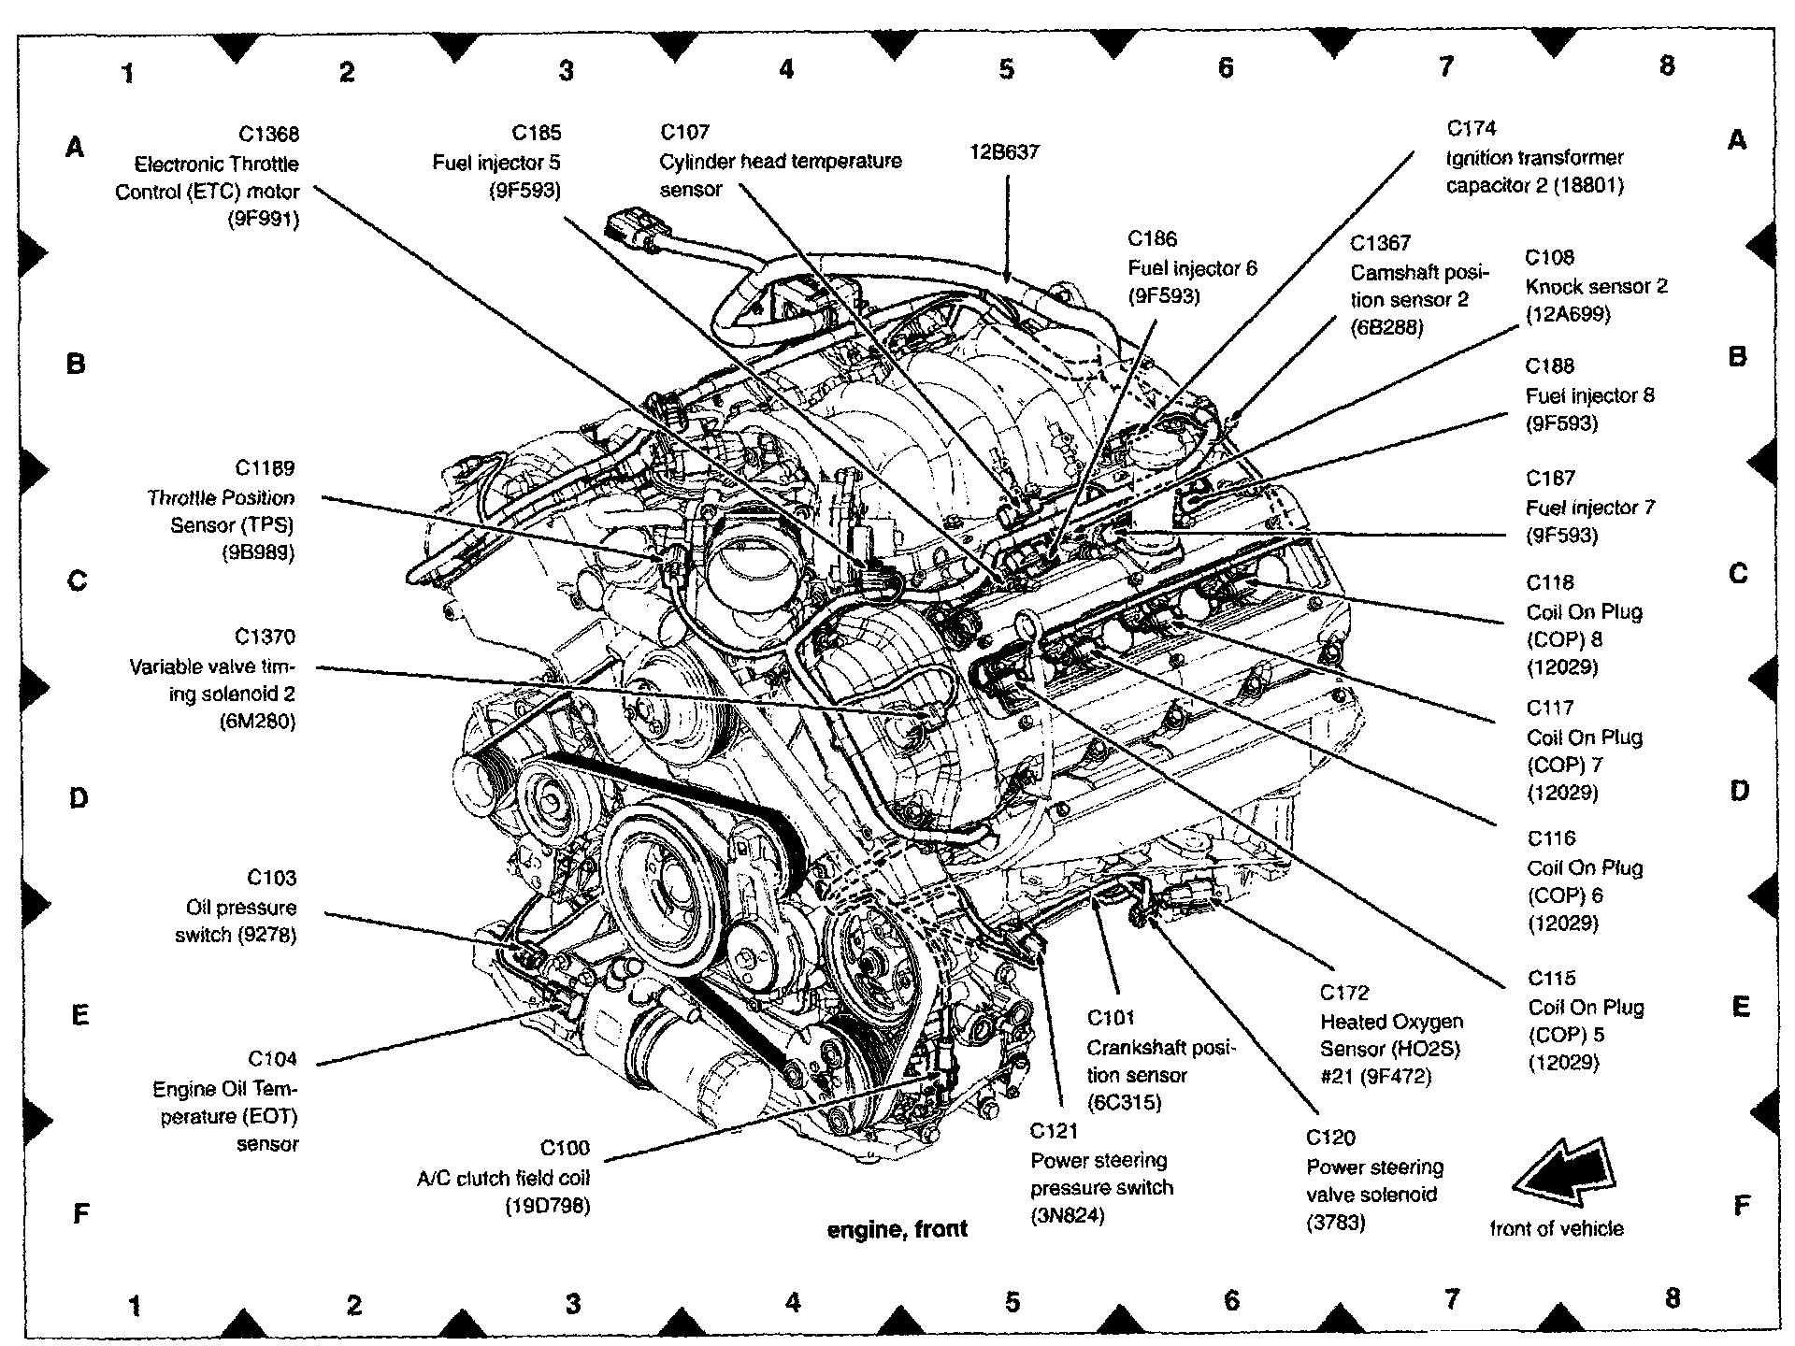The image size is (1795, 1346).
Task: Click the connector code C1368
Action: coord(267,135)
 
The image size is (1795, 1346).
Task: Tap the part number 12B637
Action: coord(1005,152)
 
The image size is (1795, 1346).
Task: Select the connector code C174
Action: coord(1471,128)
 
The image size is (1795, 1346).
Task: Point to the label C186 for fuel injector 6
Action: coord(1152,239)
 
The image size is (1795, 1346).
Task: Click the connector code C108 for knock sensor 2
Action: coord(1549,257)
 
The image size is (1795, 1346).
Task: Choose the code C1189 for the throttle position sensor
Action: coord(265,468)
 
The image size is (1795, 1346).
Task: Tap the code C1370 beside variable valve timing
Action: coord(265,637)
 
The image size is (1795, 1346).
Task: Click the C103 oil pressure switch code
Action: coord(271,878)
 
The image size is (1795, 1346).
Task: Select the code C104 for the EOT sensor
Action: coord(272,1059)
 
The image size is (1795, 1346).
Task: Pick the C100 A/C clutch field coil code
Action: coord(565,1148)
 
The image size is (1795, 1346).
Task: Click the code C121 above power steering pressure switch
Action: coord(1054,1132)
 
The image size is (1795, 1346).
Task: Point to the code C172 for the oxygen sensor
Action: coord(1344,994)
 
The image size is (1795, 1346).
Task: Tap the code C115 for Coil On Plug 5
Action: coord(1551,979)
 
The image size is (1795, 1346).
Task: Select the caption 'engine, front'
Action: coord(897,1230)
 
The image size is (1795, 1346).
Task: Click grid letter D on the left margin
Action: coord(79,798)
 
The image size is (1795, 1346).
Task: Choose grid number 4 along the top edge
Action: coord(786,69)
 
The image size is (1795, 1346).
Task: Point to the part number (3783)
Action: coord(1336,1223)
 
